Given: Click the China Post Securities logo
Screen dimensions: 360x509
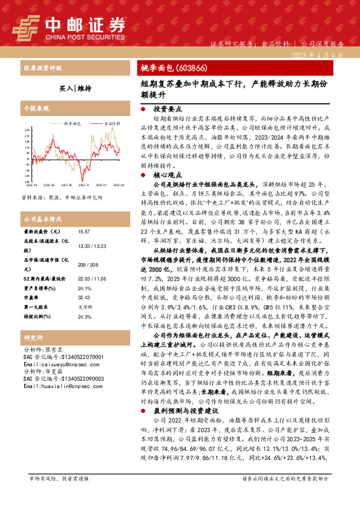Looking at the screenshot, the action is [x=70, y=27].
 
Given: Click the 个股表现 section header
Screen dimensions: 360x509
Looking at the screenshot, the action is [x=36, y=109].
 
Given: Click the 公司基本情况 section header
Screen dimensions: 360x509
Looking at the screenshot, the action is [x=42, y=219].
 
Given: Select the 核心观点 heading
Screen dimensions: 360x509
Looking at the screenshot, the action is [x=167, y=172].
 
